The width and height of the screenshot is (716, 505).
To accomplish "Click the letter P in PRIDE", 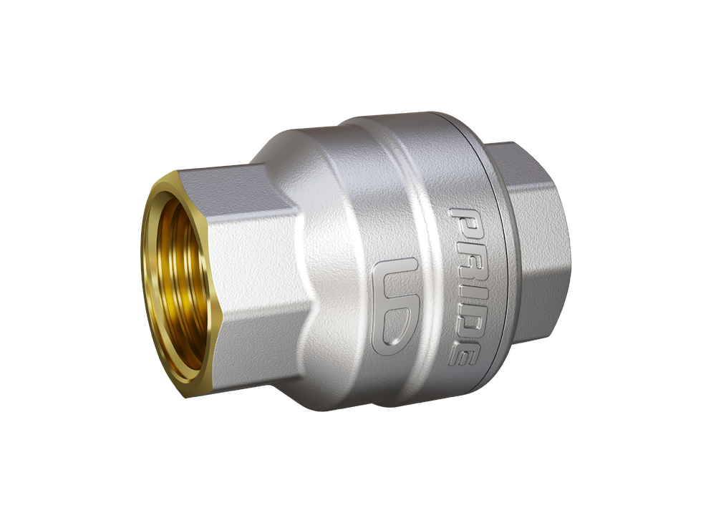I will click(465, 223).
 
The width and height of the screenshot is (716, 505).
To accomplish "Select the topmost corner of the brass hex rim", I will click(176, 173).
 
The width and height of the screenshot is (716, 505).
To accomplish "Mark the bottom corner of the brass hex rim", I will click(188, 396).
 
